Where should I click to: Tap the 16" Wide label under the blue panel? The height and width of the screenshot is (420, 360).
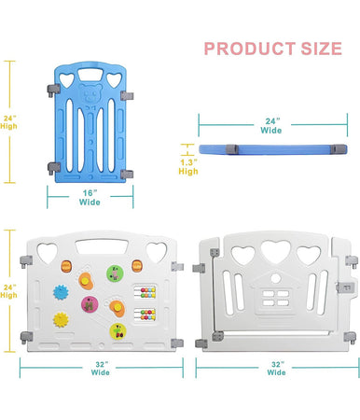click(x=90, y=195)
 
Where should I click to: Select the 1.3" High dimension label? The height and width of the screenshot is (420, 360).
click(x=187, y=166)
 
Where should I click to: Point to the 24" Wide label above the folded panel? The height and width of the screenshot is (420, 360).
click(x=270, y=125)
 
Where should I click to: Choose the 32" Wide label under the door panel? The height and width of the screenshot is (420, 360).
click(x=276, y=367)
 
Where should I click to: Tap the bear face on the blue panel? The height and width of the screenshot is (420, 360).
click(x=90, y=96)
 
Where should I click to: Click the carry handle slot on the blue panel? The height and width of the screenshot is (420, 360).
click(x=90, y=75)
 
